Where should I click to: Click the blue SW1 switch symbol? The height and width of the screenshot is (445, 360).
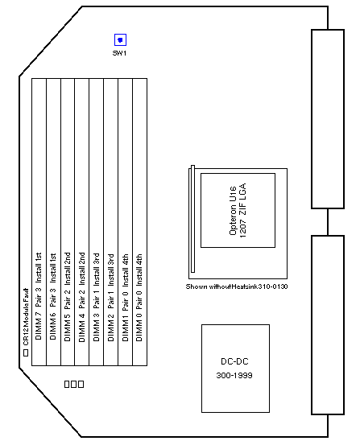tap(120, 39)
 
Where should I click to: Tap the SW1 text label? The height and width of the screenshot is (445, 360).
tap(119, 53)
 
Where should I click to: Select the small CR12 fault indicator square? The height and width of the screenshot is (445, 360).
tap(26, 353)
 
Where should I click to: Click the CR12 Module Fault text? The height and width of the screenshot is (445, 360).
tap(26, 317)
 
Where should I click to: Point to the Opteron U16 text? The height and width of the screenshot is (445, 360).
tap(233, 211)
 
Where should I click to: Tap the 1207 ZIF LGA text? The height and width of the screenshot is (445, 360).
tap(242, 210)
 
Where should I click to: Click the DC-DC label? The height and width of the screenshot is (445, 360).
tap(234, 361)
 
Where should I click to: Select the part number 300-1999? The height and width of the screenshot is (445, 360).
tap(234, 376)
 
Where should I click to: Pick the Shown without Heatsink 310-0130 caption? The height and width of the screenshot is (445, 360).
tap(237, 286)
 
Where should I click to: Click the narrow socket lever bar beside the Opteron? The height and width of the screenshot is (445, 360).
tap(192, 219)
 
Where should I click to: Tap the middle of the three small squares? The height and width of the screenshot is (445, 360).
tap(74, 384)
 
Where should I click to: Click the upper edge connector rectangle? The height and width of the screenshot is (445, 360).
tap(328, 119)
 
